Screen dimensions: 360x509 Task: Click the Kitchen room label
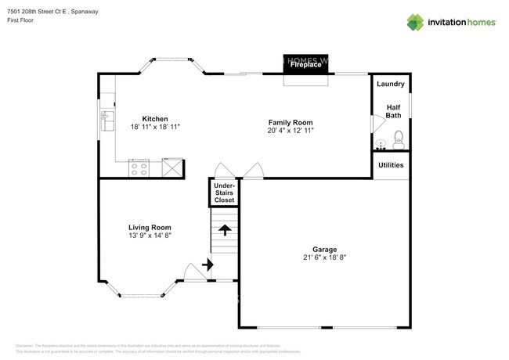coord(154,119)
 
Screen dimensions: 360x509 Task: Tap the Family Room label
coord(291,122)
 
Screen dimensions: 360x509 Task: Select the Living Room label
coord(150,227)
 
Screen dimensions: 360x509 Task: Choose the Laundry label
coord(391,84)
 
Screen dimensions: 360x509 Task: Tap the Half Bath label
coord(393,110)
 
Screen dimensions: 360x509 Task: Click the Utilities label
coord(391,165)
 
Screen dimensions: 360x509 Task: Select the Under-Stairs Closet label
coord(224,193)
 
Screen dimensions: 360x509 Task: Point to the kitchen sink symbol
coord(106,121)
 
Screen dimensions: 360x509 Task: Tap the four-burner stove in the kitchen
coord(139,167)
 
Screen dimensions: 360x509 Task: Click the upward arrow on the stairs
coord(225,230)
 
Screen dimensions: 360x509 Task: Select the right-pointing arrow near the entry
coord(208,265)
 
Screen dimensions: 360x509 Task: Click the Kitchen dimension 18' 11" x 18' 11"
coord(155,128)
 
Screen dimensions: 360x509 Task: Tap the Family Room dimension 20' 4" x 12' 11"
coord(291,131)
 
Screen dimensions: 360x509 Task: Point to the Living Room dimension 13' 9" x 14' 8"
coord(150,236)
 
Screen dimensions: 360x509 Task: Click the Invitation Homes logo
coord(451,21)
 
